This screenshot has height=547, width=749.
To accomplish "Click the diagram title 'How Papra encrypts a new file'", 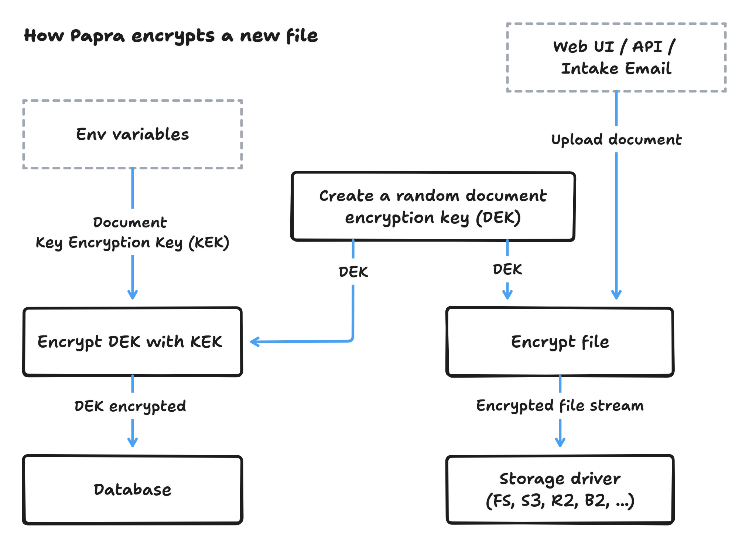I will (x=171, y=36).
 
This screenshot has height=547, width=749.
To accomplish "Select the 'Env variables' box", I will (x=133, y=134).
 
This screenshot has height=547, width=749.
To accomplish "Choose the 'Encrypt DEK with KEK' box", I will (x=133, y=342).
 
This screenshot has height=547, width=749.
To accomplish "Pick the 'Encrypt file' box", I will (x=560, y=342).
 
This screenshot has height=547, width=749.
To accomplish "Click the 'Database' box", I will (x=133, y=490).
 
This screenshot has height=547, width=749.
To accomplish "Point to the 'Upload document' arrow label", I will (x=616, y=140).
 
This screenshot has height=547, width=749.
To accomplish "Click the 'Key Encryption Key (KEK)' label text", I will (x=133, y=243).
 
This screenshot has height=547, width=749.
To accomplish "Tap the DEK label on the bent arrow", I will (x=353, y=271).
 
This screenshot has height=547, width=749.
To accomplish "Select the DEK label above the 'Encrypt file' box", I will (x=507, y=269).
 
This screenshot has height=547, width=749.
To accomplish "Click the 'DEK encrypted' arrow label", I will (x=131, y=406).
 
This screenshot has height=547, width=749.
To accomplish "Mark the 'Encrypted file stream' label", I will (x=560, y=406).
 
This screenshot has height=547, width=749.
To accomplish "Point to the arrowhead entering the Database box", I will (x=133, y=442).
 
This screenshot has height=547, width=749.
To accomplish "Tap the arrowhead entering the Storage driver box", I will (x=560, y=442).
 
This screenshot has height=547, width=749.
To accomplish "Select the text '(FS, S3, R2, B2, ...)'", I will (x=560, y=501).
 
